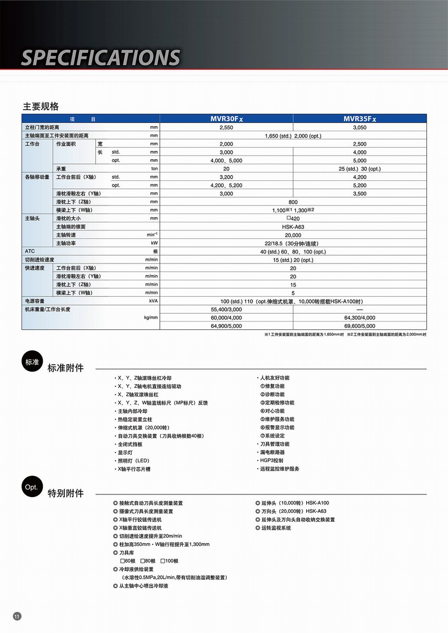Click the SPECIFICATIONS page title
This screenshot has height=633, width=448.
101,57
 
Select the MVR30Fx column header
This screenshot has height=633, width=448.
226,119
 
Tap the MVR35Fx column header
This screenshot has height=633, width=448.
359,119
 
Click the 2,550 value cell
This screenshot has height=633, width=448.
226,128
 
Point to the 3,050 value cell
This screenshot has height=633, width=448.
359,128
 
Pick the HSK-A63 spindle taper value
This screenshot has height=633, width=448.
293,227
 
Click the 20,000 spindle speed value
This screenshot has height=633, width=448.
293,235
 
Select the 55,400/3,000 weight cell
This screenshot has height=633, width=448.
226,309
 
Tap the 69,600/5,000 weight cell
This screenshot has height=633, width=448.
359,326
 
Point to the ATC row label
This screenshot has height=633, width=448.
30,251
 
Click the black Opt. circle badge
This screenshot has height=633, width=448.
31,488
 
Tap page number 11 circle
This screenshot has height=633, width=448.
17,617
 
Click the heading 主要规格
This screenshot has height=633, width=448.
41,106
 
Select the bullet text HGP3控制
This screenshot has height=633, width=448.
270,460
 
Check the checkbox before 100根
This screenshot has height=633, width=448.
163,561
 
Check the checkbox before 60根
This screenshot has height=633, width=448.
122,561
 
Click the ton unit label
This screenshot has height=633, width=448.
154,169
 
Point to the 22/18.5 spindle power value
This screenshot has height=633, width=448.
293,244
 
